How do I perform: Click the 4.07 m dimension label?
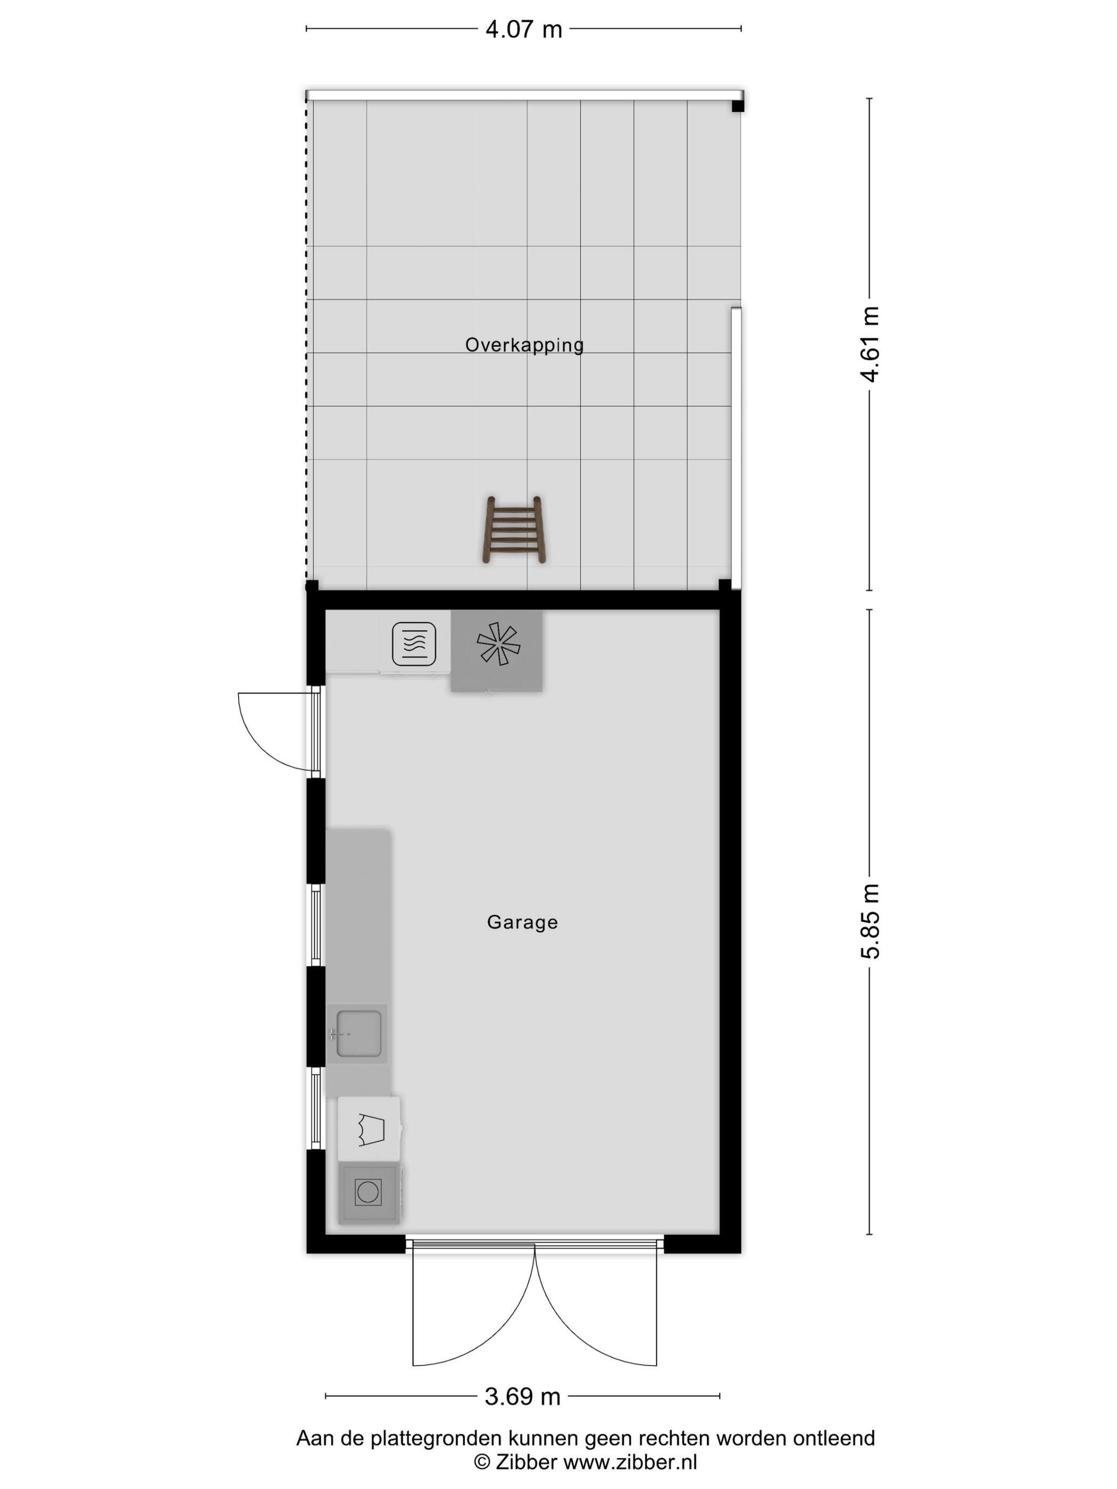pyautogui.click(x=523, y=30)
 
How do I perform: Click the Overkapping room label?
pyautogui.click(x=524, y=345)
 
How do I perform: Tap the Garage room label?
pyautogui.click(x=522, y=922)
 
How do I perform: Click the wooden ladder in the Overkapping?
pyautogui.click(x=514, y=530)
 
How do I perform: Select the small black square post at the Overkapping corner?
pyautogui.click(x=738, y=106)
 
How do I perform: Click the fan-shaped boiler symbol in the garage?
pyautogui.click(x=498, y=643)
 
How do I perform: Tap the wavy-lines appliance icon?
pyautogui.click(x=413, y=643)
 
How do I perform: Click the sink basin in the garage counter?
pyautogui.click(x=359, y=1033)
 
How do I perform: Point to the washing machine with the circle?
pyautogui.click(x=368, y=1192)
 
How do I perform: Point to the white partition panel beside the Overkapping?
pyautogui.click(x=736, y=448)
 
